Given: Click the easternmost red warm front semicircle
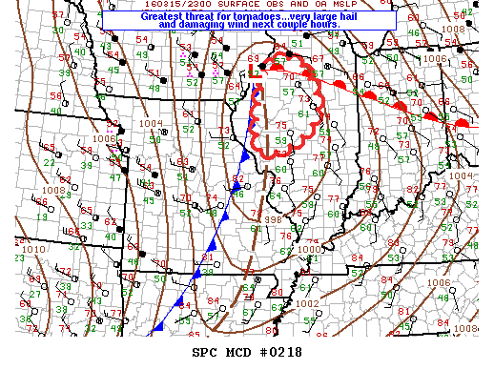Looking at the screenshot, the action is pyautogui.click(x=462, y=124).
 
